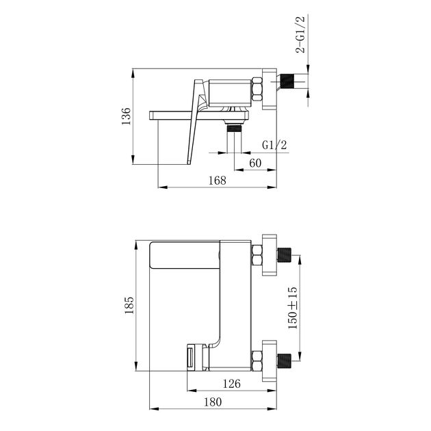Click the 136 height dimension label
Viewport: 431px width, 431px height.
(126, 116)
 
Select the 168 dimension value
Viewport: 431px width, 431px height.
(217, 181)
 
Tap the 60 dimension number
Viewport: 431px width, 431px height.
(255, 163)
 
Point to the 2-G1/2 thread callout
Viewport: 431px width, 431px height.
(300, 35)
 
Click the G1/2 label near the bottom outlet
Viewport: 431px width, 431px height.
(274, 144)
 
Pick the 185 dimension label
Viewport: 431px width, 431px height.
(129, 305)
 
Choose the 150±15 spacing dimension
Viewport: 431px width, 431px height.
(293, 308)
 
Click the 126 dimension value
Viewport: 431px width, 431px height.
(231, 383)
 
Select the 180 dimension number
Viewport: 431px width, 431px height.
(213, 402)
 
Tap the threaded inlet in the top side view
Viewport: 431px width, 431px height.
(287, 81)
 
